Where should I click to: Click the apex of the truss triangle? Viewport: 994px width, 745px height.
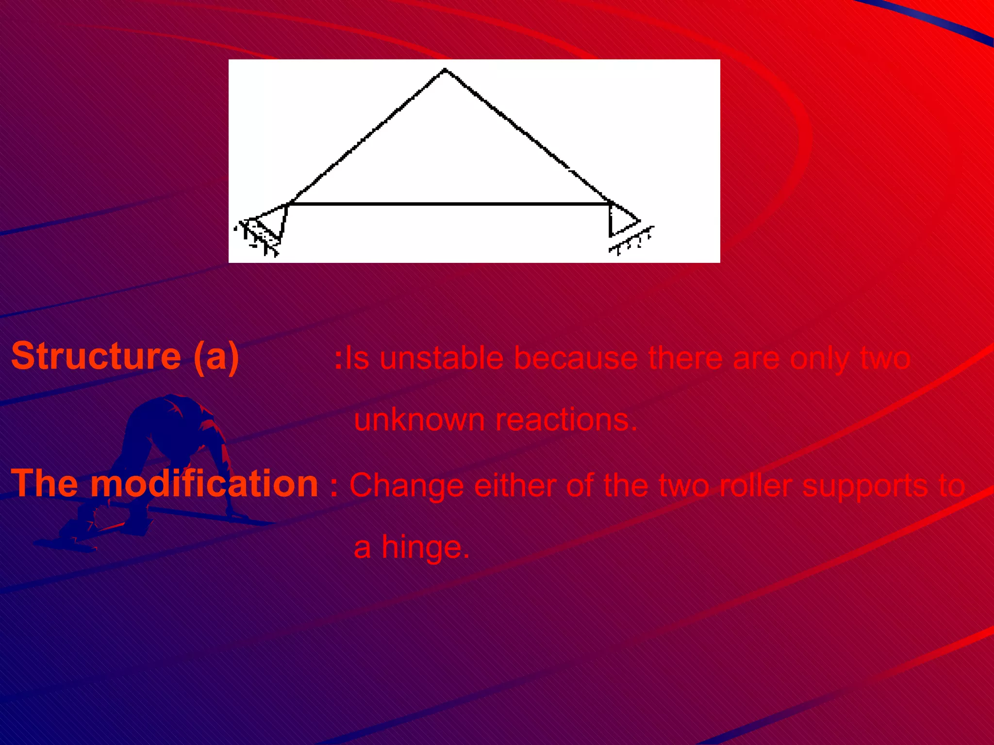coord(445,71)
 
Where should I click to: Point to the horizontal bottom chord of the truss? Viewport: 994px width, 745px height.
coord(449,204)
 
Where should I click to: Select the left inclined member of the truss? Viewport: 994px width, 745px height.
coord(366,137)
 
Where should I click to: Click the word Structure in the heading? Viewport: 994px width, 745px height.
coord(96,356)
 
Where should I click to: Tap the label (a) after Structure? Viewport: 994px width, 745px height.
coord(216,357)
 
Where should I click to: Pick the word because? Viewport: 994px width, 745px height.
coord(575,359)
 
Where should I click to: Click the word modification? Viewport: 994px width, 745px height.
coord(204,484)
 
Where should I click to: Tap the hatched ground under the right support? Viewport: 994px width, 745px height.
coord(631,241)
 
